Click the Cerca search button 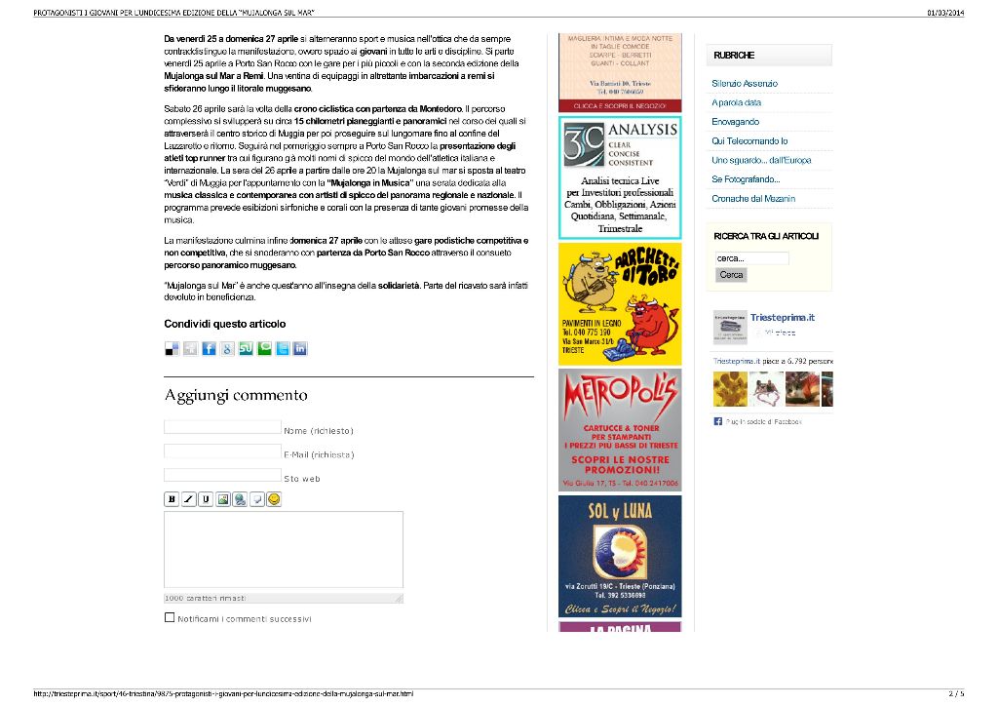[731, 275]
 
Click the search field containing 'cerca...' [751, 258]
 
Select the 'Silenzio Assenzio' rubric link [745, 84]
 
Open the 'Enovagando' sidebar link [735, 122]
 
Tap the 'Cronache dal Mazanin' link [752, 199]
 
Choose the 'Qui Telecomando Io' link [749, 141]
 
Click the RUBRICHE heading [734, 56]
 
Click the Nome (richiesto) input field [222, 427]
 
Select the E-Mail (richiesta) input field [222, 451]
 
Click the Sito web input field [222, 475]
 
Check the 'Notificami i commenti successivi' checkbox [170, 617]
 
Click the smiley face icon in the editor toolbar [274, 499]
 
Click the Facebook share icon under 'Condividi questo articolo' [209, 349]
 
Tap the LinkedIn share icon [300, 349]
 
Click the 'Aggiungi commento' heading [236, 395]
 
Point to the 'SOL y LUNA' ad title [620, 511]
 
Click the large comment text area [283, 550]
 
